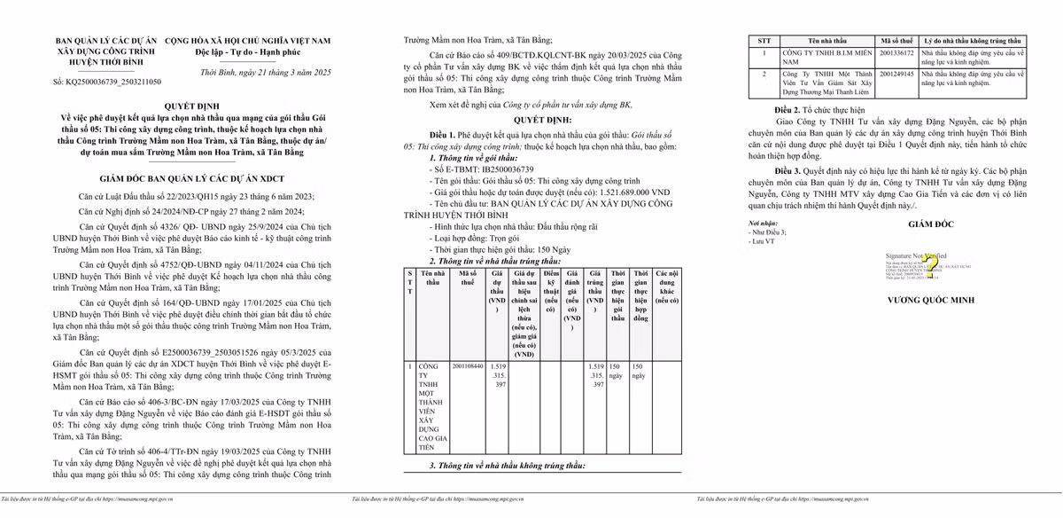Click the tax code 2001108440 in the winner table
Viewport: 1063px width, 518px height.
click(x=468, y=365)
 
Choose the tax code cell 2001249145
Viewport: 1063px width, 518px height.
click(x=896, y=74)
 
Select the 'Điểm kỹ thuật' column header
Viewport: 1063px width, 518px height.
click(x=551, y=291)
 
